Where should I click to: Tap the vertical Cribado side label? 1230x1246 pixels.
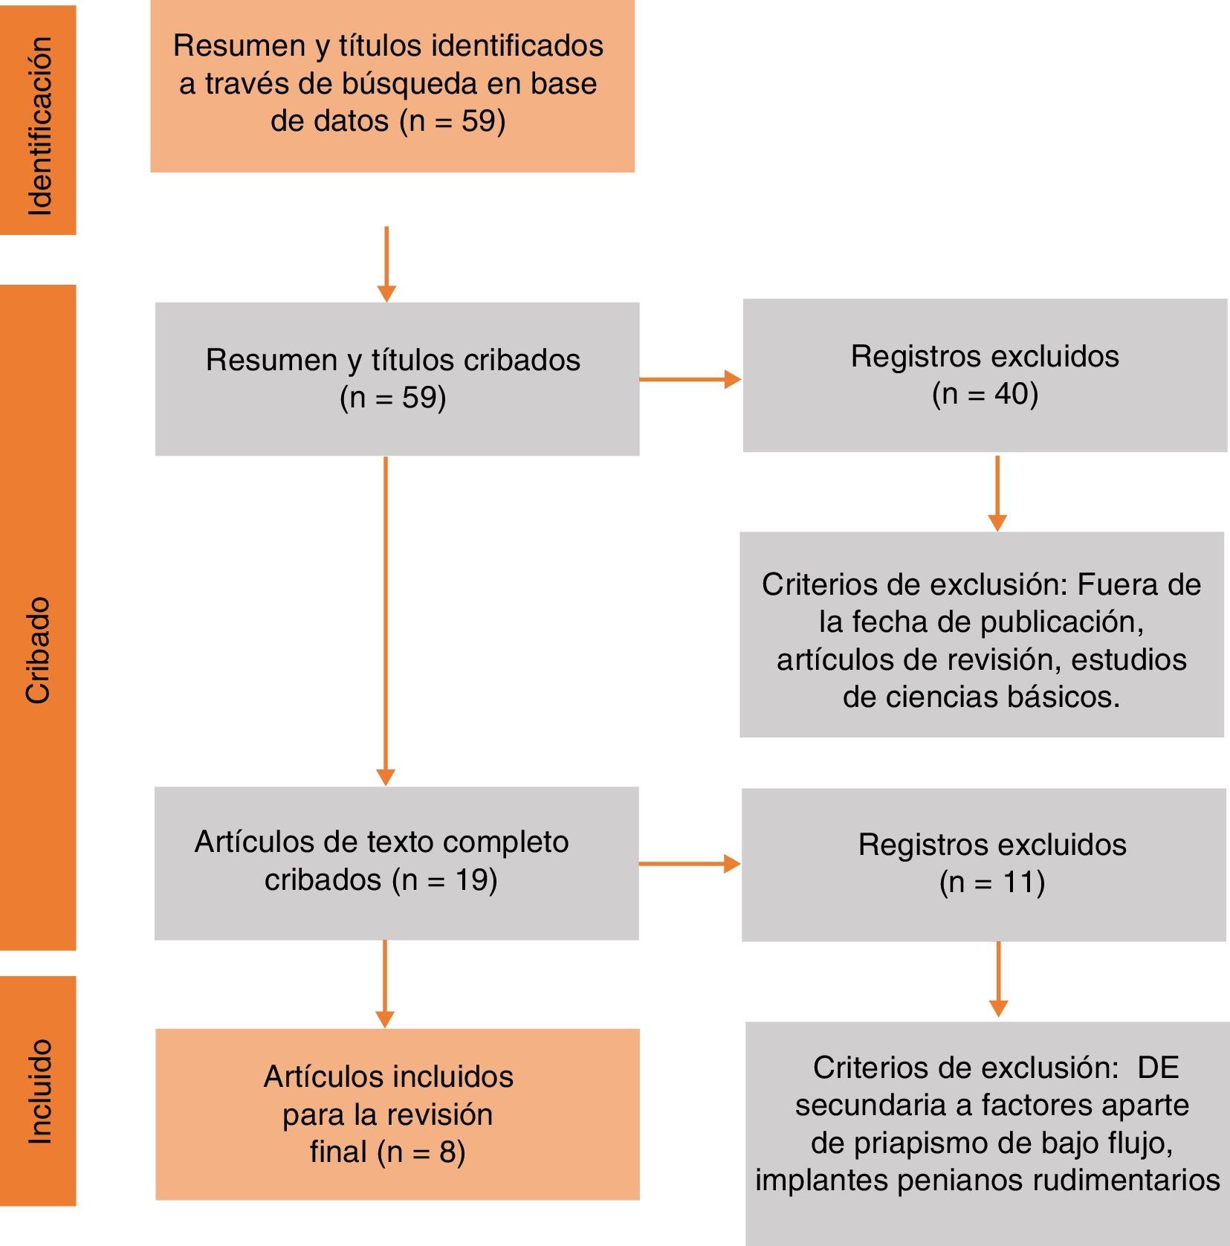38,650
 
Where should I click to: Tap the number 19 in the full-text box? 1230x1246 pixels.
470,879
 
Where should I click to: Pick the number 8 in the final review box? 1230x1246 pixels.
447,1152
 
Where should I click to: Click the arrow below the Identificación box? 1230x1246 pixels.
386,264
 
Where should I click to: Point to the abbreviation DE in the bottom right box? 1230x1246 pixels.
1158,1068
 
